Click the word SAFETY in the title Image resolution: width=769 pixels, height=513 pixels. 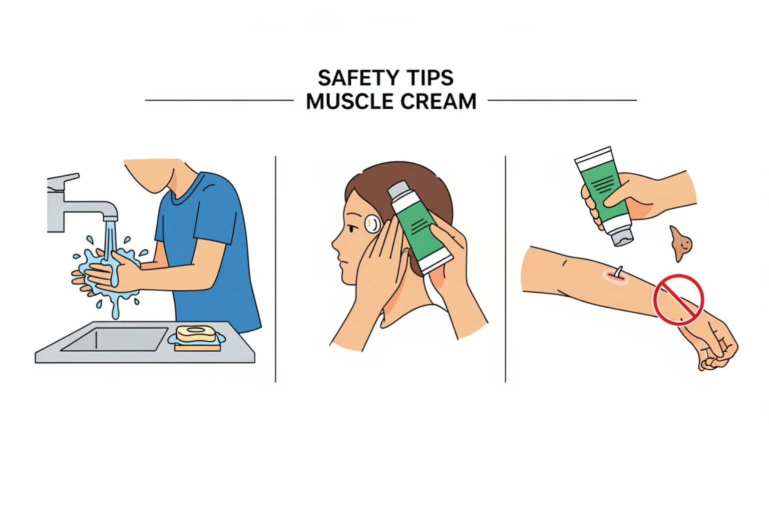[351, 79]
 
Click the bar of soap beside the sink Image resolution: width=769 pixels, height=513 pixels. [196, 334]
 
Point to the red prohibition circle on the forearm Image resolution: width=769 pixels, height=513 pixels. [678, 300]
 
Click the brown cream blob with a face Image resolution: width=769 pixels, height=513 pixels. [681, 243]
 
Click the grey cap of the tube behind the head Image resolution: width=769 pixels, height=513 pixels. [398, 191]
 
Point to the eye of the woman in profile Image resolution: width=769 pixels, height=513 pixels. [352, 229]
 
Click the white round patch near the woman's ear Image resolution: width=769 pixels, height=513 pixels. [372, 224]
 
